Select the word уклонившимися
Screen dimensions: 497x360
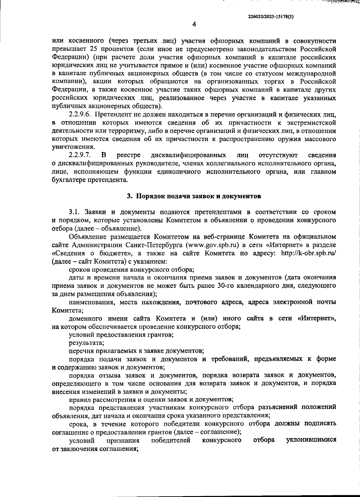tap(311, 441)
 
